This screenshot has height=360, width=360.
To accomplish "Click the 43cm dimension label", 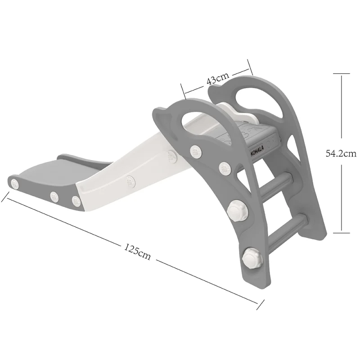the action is point(218,78).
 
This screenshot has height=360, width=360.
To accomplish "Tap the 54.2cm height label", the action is point(341,153).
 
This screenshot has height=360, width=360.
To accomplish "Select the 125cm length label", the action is point(137,252).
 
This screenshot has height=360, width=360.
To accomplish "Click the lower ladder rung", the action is point(288,227).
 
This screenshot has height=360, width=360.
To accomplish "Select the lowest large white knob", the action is point(252,258).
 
